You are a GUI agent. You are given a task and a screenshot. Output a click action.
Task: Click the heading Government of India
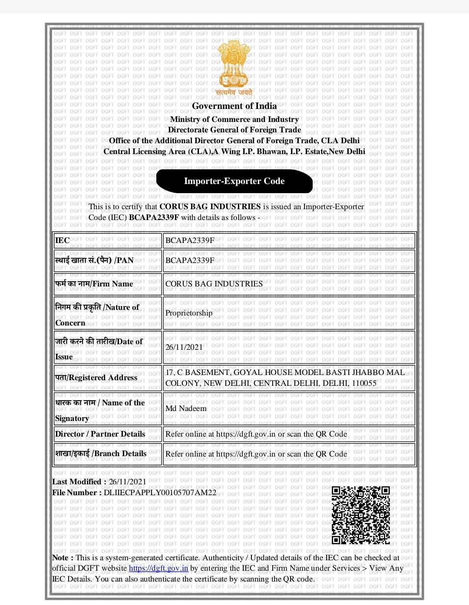tap(234, 106)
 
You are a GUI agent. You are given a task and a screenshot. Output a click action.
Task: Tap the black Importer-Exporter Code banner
tap(234, 181)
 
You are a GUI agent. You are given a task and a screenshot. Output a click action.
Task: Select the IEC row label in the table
tap(63, 240)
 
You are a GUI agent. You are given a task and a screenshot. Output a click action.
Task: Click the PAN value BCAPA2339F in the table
tap(190, 260)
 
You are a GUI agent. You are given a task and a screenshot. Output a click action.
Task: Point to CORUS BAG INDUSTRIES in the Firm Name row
tap(214, 284)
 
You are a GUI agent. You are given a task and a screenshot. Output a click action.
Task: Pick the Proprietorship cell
tap(189, 313)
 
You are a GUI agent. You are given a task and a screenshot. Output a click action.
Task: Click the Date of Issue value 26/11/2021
tap(184, 347)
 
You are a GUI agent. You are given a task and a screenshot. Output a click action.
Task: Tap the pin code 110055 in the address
tap(364, 383)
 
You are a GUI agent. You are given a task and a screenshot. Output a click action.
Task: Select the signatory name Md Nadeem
tap(186, 408)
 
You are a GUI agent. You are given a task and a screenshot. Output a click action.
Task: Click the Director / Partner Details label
tap(100, 434)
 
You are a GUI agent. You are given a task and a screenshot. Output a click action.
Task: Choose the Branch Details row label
tap(101, 454)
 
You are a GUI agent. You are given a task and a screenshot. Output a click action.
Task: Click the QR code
tap(360, 515)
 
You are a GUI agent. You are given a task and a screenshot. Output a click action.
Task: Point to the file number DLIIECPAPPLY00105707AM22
tap(160, 493)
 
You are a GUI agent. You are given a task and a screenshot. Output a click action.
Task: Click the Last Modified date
tap(127, 482)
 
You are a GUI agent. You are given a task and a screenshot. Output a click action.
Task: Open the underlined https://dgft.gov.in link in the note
tap(159, 568)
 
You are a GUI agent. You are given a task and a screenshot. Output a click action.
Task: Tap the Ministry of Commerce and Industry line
tap(234, 119)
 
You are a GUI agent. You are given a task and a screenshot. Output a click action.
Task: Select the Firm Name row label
tap(94, 284)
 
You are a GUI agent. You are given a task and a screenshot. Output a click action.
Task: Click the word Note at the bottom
tap(60, 558)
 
